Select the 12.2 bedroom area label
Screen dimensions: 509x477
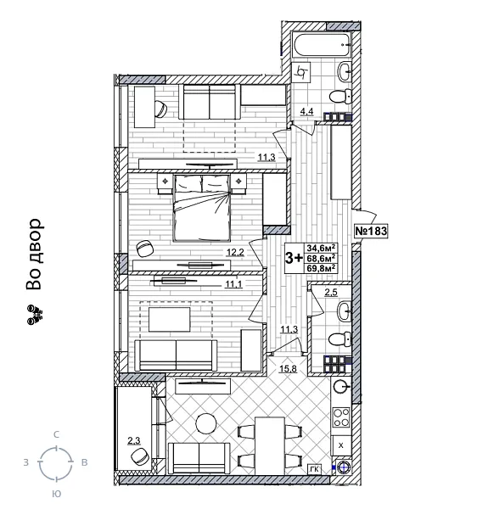[x=234, y=253]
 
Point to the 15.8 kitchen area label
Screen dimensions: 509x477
[x=288, y=367]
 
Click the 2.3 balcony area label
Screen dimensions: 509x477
[x=133, y=439]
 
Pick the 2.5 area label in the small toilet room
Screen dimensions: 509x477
[x=330, y=293]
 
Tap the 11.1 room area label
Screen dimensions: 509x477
[x=234, y=284]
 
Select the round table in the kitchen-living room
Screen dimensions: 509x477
[x=206, y=422]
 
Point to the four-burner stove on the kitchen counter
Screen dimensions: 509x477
[x=340, y=417]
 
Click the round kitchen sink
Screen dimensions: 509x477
[x=340, y=388]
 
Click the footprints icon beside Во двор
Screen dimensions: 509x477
[x=35, y=317]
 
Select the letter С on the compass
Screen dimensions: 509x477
[x=56, y=434]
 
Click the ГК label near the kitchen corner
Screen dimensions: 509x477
[x=314, y=467]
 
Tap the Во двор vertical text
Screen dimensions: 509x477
[x=33, y=255]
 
